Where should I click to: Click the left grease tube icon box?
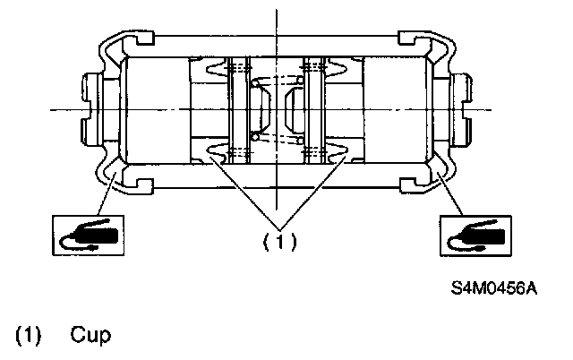coord(88,236)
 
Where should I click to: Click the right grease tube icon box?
coord(475,236)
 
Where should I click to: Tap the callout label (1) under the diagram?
coord(280,241)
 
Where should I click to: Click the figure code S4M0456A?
coord(493,288)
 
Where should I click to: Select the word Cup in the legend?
coord(90,335)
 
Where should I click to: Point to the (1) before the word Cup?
coord(28,335)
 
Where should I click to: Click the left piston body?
coord(158,110)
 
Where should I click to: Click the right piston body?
coord(396,110)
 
